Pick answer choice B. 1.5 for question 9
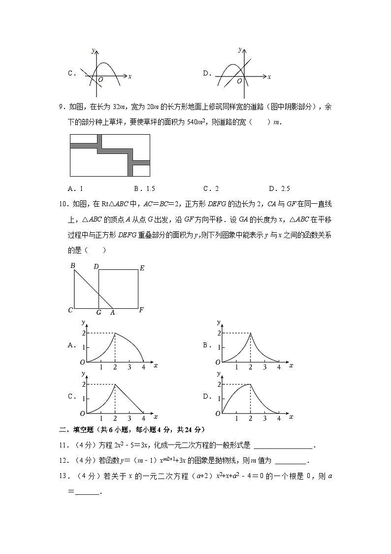[x=144, y=188]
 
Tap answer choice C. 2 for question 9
[x=211, y=188]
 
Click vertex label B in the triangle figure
[x=72, y=266]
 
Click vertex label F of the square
[x=141, y=311]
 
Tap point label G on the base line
[x=98, y=312]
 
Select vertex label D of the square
[x=96, y=267]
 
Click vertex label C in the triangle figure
[x=70, y=310]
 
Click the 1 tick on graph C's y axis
[x=84, y=399]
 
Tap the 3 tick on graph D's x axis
[x=265, y=418]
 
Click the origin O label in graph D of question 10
[x=218, y=413]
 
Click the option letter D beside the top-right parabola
[x=206, y=73]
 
